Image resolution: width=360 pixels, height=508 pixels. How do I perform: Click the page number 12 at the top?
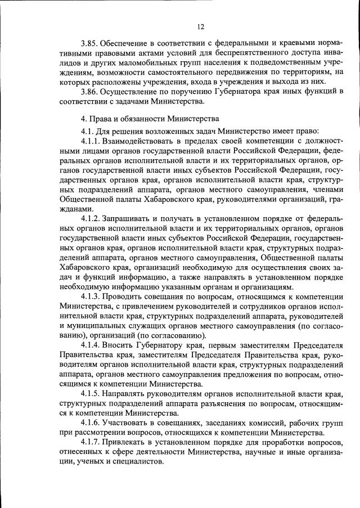[x=201, y=26]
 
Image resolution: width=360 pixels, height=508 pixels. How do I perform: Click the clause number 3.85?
[x=90, y=43]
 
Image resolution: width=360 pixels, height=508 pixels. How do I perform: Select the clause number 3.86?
[x=90, y=92]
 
